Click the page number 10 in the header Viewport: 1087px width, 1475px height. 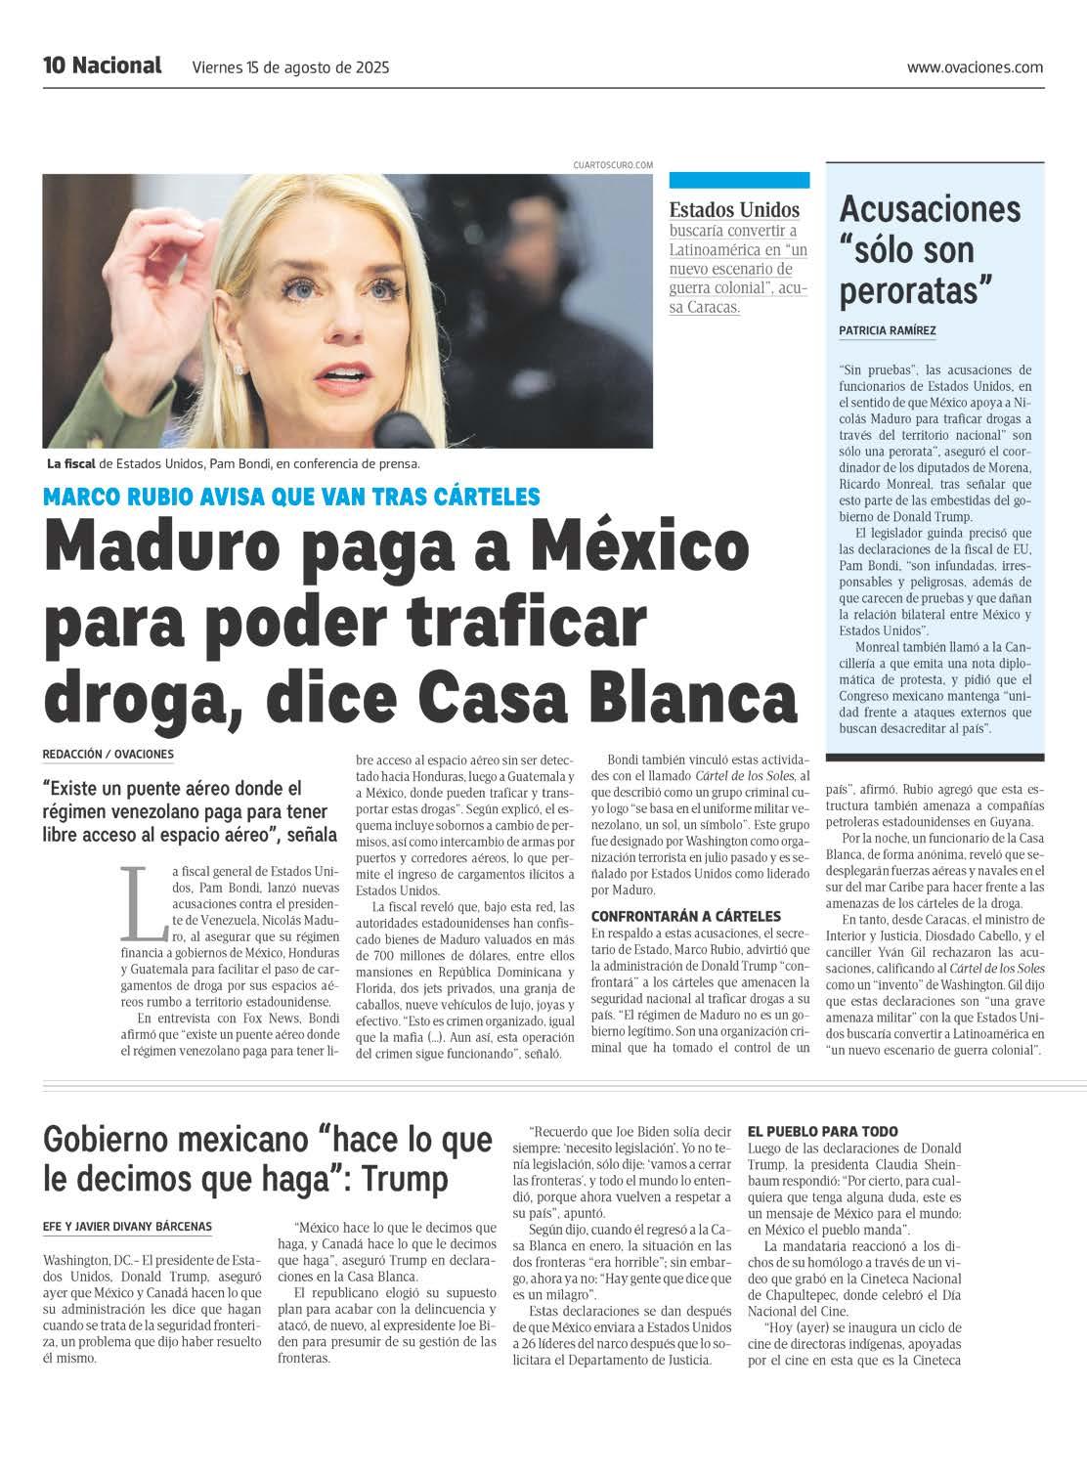pos(54,65)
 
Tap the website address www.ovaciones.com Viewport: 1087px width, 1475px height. pos(975,67)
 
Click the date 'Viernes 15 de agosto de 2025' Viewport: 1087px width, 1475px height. pos(291,67)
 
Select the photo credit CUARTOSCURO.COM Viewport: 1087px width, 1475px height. pos(613,166)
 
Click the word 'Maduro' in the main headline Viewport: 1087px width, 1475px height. pos(167,550)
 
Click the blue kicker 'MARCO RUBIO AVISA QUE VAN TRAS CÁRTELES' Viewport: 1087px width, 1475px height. pos(291,497)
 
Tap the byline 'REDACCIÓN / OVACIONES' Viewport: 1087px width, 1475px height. pos(109,754)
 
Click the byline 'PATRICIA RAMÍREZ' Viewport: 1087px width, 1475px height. pos(888,330)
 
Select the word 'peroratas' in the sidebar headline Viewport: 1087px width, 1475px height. pos(916,290)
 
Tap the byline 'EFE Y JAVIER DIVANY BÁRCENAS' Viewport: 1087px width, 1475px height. pos(128,1226)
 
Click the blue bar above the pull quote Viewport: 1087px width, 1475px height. pos(739,180)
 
